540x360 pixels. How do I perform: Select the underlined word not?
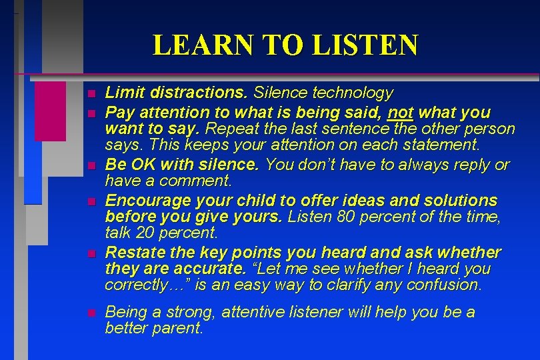[401, 112]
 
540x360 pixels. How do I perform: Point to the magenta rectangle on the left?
[50, 111]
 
